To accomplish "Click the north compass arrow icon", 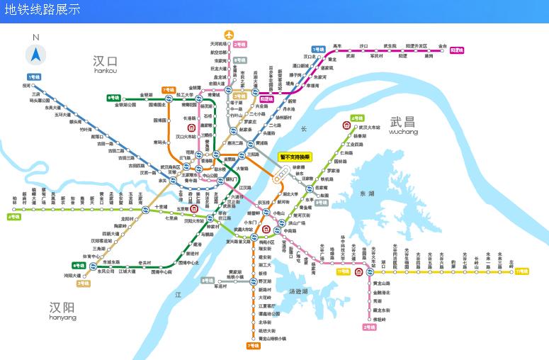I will [36, 53].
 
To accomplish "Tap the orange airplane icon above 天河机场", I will [228, 35].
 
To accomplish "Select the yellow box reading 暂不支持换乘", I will [295, 157].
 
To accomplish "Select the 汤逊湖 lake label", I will [298, 291].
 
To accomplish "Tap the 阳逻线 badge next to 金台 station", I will [457, 50].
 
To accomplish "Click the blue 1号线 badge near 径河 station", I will [33, 77].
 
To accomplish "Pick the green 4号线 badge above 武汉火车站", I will [357, 118].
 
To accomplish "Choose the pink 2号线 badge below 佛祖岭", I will [369, 327].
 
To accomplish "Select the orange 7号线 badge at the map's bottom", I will [253, 346].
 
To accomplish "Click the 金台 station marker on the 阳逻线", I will [442, 50].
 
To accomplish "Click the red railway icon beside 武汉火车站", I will [346, 125].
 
